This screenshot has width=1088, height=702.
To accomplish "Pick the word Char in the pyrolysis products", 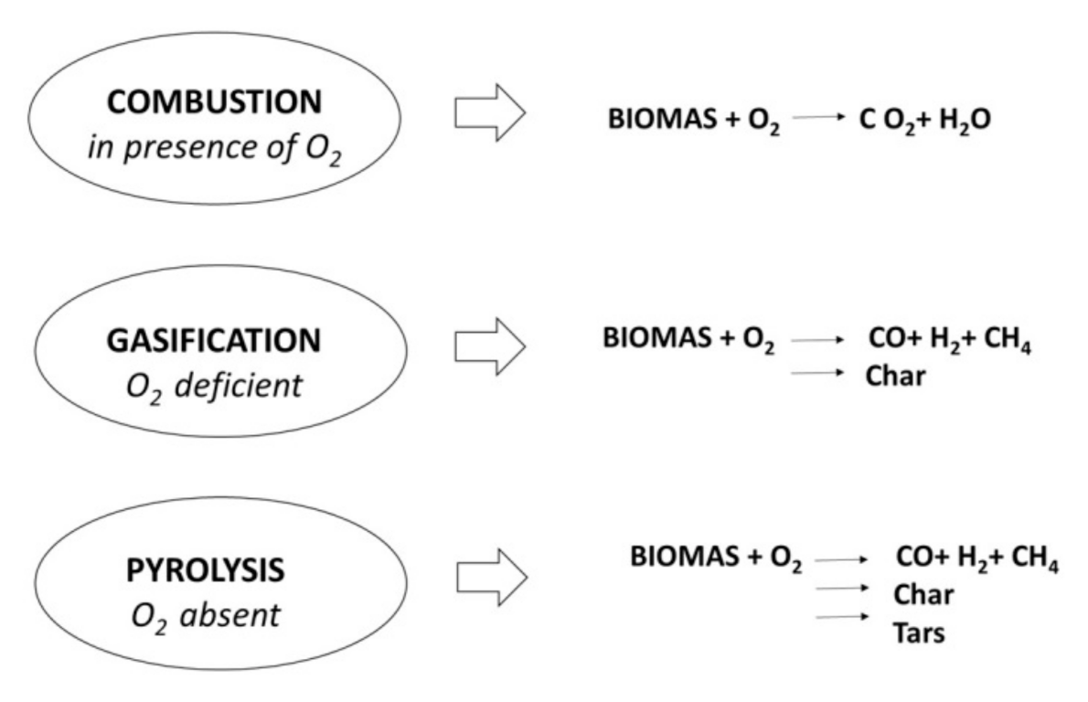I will (x=923, y=595).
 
